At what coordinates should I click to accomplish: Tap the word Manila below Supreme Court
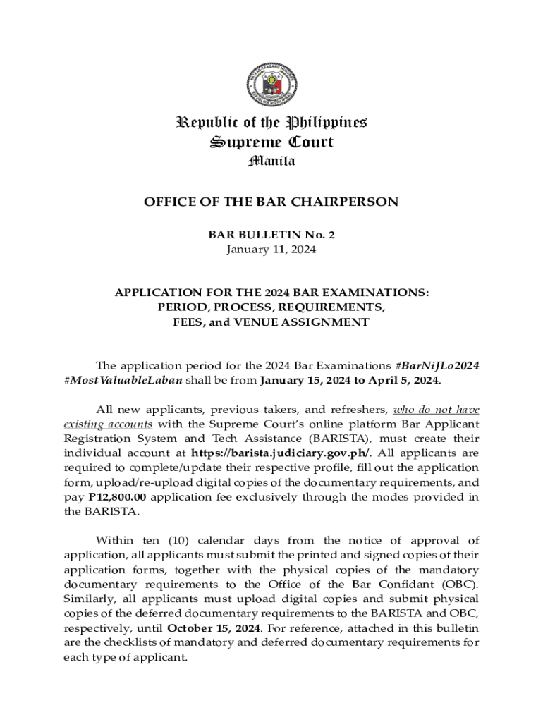coord(271,161)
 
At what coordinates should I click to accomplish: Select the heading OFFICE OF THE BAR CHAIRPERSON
coord(271,202)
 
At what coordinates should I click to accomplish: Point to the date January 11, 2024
coord(271,250)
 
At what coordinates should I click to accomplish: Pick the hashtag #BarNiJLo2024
coord(439,365)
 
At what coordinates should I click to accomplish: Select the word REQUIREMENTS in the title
coord(331,307)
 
